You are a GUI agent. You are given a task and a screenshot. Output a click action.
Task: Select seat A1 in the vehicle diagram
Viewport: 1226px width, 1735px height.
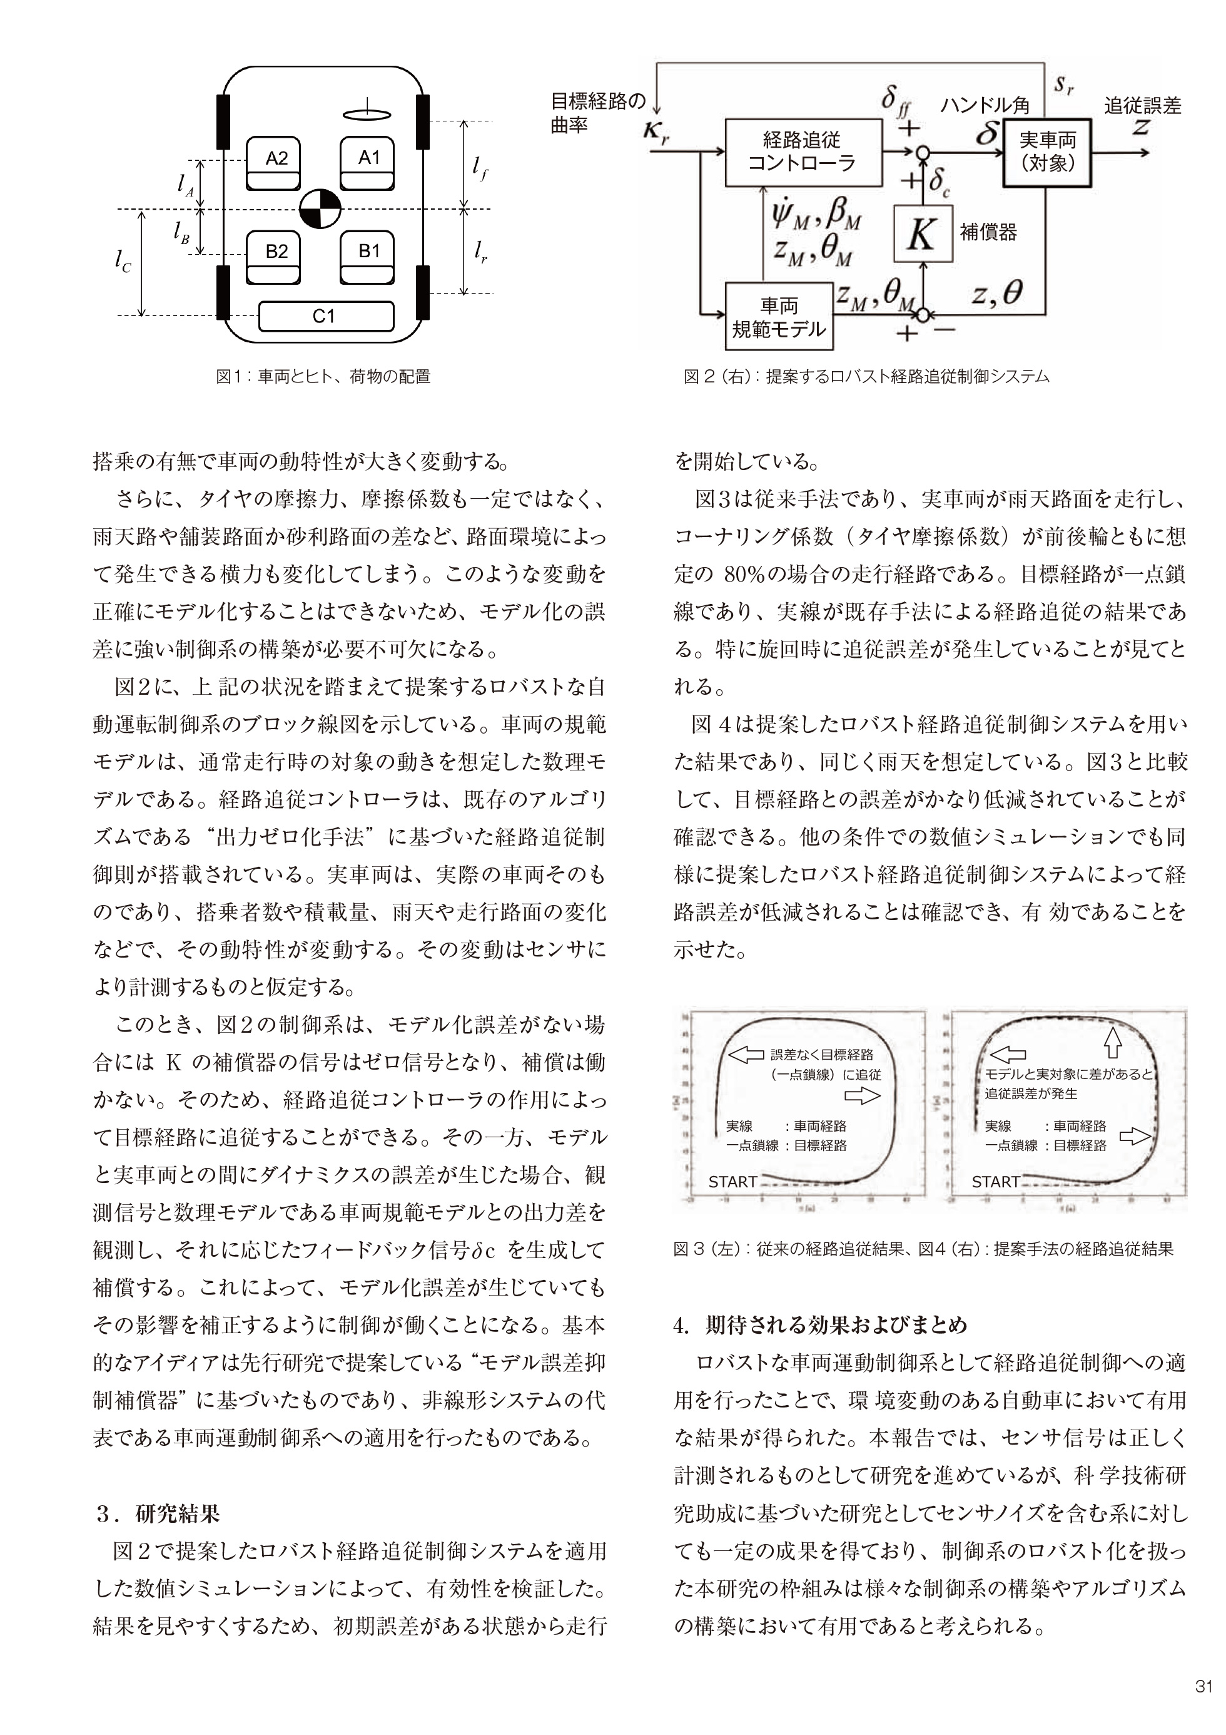(368, 163)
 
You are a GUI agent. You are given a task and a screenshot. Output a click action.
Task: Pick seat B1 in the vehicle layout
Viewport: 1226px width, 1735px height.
(368, 256)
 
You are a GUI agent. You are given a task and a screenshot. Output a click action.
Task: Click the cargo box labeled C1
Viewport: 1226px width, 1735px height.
(325, 317)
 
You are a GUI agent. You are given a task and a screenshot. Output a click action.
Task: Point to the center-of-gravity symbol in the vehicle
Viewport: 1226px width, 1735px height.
(320, 209)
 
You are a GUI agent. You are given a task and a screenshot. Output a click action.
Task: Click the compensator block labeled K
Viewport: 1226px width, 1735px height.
(923, 233)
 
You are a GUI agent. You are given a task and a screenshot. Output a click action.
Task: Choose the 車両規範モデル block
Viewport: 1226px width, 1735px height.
(779, 317)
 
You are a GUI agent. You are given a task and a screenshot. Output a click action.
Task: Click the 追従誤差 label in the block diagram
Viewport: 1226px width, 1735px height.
(1142, 106)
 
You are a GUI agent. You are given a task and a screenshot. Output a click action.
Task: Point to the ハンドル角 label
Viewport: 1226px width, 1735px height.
(985, 106)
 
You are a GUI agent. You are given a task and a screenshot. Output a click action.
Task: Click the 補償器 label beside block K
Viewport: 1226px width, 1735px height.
(988, 232)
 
